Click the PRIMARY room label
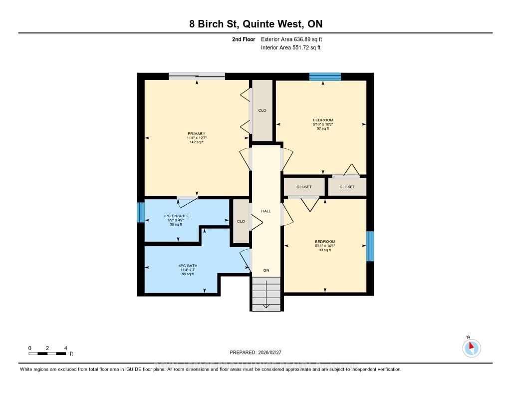pos(196,133)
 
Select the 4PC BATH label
pos(187,266)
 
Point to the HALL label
pos(266,211)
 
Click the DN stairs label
pos(266,270)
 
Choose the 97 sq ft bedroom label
pos(323,120)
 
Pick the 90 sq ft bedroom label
pos(325,242)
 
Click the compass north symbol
pos(471,347)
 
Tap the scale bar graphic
pos(47,354)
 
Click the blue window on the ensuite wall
pos(140,213)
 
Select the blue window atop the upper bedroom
pos(325,76)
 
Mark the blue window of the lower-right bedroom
pos(370,246)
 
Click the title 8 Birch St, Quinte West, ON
pos(255,24)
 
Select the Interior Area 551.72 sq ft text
pos(290,48)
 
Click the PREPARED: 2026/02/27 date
pos(255,353)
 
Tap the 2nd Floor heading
pos(244,39)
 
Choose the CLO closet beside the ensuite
pos(241,221)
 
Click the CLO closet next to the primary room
pos(262,110)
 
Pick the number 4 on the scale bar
pos(65,348)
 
